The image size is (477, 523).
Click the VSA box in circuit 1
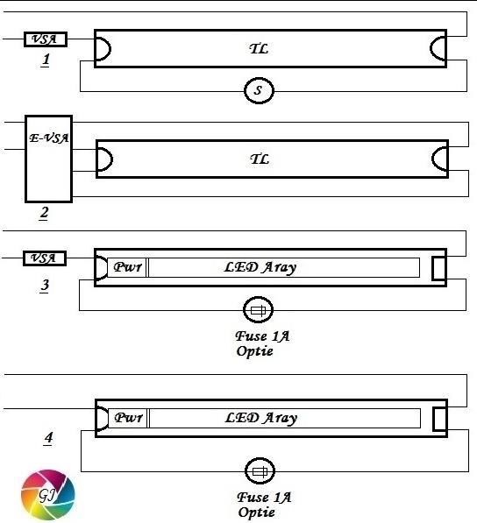tap(46, 39)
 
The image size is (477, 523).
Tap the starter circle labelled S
tap(259, 90)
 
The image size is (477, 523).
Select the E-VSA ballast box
tap(49, 159)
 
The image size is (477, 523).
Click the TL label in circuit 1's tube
tap(259, 49)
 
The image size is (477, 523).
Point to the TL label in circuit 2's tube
tap(260, 159)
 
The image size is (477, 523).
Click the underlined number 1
tap(46, 60)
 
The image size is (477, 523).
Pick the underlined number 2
tap(44, 213)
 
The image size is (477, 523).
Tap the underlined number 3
tap(45, 286)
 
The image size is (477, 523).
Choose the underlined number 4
tap(48, 438)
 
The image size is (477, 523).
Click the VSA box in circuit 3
tap(45, 258)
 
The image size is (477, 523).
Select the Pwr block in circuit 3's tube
tap(127, 267)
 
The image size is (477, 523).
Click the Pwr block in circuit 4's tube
tap(128, 418)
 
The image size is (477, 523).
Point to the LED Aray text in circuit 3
tap(260, 267)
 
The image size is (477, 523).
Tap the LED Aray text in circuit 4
tap(261, 418)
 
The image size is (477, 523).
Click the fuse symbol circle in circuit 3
tap(258, 310)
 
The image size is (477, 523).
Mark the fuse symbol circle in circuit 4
tap(260, 471)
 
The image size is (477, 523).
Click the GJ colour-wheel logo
tap(48, 495)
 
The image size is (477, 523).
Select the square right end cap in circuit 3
tap(439, 268)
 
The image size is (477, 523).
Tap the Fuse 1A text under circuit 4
tap(264, 498)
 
